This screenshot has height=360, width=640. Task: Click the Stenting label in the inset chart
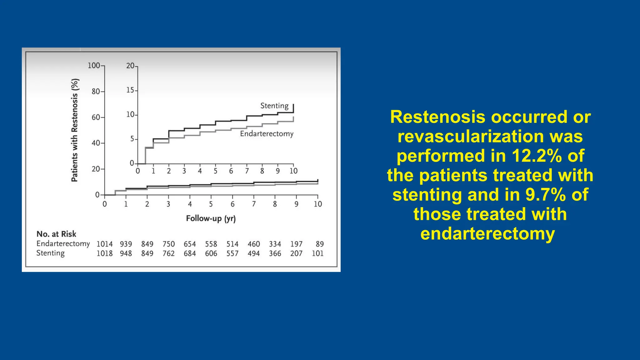coord(274,106)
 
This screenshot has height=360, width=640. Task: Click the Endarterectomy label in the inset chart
coord(267,134)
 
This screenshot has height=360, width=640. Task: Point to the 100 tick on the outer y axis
coord(94,66)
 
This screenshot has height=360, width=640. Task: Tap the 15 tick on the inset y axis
coord(130,90)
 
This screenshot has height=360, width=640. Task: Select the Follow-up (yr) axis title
coord(211,218)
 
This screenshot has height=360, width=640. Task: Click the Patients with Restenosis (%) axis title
coord(75,130)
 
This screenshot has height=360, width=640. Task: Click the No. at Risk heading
coord(56,234)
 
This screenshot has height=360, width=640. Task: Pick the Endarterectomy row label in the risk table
coord(63,244)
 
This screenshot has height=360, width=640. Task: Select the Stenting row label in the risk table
coord(50,253)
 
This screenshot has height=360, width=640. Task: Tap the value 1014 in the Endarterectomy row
coord(104,244)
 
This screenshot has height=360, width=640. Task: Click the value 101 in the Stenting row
coord(317,253)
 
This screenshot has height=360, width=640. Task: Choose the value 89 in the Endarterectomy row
coord(320,244)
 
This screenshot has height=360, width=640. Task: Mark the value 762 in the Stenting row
coord(168,253)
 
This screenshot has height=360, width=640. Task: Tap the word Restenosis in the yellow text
coord(438,117)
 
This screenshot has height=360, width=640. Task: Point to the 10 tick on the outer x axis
coord(318,204)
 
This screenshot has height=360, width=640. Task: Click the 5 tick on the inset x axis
coord(215,171)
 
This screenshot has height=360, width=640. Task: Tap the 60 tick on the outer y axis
coord(96,117)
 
